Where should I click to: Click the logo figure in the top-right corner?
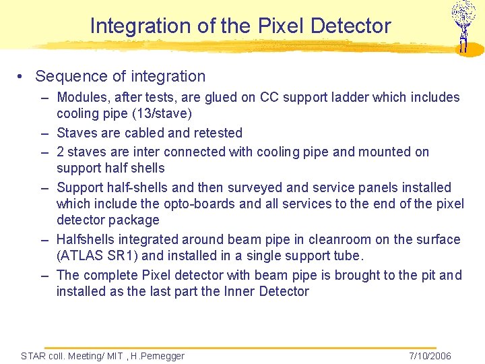pos(463,26)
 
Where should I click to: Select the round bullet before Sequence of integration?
pos(22,77)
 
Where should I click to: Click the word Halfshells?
pos(86,239)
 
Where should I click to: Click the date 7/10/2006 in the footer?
pos(430,356)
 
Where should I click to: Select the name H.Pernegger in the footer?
pos(157,356)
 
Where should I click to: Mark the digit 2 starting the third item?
pos(61,152)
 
